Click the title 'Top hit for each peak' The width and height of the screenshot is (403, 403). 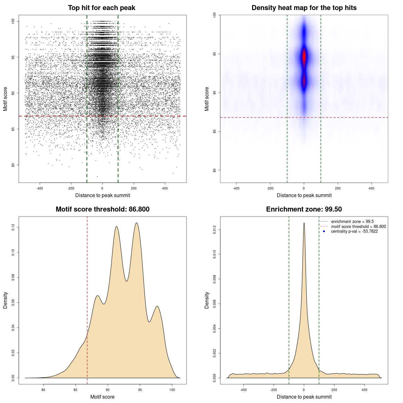[101, 8]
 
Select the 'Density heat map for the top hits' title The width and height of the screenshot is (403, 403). [304, 8]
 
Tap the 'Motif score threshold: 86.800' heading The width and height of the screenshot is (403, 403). [102, 209]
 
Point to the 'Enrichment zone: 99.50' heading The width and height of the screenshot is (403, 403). [304, 209]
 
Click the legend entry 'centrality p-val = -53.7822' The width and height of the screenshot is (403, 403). [354, 231]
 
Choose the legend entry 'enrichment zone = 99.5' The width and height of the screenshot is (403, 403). [352, 222]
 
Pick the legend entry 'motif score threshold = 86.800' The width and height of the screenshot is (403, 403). [358, 227]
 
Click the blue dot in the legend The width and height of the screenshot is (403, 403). [324, 231]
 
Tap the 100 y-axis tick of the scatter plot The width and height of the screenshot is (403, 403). [13, 21]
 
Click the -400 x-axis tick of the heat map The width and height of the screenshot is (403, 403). [236, 188]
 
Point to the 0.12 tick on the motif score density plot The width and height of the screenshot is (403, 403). [13, 227]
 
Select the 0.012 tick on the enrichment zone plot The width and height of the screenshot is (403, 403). [214, 230]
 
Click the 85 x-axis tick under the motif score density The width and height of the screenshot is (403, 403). [76, 390]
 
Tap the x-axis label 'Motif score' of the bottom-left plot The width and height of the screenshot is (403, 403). [102, 397]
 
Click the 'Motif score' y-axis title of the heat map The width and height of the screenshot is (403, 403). [207, 99]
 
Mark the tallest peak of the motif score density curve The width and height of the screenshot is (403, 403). [136, 223]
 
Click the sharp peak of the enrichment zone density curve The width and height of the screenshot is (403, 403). [304, 223]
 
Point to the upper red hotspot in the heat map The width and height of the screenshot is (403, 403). [304, 57]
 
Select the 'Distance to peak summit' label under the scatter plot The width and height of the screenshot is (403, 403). [103, 195]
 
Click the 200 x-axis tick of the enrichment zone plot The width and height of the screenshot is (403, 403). [334, 390]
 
